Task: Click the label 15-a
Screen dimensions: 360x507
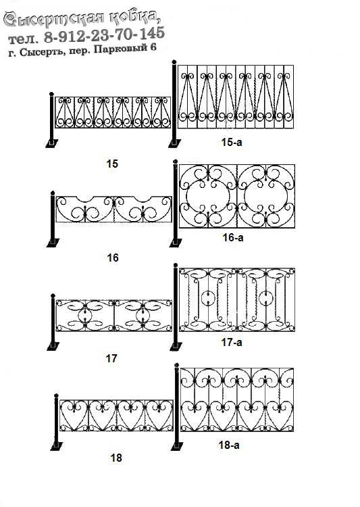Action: coord(232,142)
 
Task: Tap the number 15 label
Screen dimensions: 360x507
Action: coord(112,164)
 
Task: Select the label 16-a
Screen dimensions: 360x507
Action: coord(232,238)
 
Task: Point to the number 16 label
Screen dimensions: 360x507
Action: coord(113,258)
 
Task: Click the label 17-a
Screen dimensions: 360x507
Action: coord(232,342)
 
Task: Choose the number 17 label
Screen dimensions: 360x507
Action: coord(111,358)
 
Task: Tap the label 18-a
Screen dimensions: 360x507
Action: coord(229,445)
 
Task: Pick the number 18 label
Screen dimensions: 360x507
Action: coord(116,458)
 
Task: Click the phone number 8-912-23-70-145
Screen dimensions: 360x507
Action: coord(105,34)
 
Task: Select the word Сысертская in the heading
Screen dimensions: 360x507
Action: coord(54,19)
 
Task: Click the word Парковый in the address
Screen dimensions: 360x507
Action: coord(120,49)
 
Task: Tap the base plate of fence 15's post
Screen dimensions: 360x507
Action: coord(52,143)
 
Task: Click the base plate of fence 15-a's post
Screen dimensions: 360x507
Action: coord(175,143)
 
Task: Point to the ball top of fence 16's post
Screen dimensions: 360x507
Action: coord(52,193)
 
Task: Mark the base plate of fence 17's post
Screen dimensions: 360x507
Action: coord(53,346)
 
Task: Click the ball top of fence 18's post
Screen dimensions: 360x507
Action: coord(56,395)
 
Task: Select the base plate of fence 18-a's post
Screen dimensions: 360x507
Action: coord(176,447)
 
